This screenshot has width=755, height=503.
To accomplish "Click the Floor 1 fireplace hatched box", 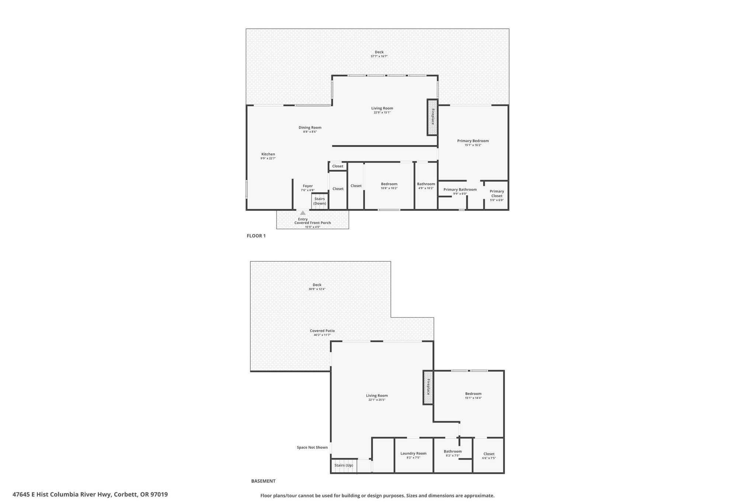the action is coord(432,117).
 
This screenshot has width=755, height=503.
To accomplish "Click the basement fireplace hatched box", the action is coord(428,387).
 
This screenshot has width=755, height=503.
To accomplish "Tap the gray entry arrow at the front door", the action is coord(303,213).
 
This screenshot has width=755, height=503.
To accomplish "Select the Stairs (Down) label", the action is coord(320,201).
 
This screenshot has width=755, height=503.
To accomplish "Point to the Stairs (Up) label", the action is coord(344,465).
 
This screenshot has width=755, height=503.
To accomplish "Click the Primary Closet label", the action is coord(497,193).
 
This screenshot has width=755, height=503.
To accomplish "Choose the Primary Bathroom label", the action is coord(460,189).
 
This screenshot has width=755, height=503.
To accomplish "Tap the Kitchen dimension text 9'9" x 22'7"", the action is coord(268,158).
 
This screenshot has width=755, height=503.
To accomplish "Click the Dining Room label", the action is coord(310,128).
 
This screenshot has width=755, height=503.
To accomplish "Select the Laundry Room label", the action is coord(413,453).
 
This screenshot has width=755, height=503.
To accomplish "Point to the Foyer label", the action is coord(307,186).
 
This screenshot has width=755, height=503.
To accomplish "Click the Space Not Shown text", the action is coord(312,447).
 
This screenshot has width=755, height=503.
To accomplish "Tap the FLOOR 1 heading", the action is coord(256,236).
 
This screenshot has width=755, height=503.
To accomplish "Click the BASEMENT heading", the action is coord(263,481).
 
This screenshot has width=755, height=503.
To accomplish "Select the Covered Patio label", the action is coord(322,331).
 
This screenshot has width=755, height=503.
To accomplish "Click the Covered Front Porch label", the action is coord(313,223).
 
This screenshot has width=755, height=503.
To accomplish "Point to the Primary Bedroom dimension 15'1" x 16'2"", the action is coord(473,145).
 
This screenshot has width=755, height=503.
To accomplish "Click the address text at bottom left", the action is coord(90,495).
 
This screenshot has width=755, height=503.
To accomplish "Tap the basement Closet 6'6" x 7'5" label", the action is coord(489,456).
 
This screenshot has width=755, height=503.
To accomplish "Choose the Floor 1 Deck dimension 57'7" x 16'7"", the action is coord(379,56).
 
